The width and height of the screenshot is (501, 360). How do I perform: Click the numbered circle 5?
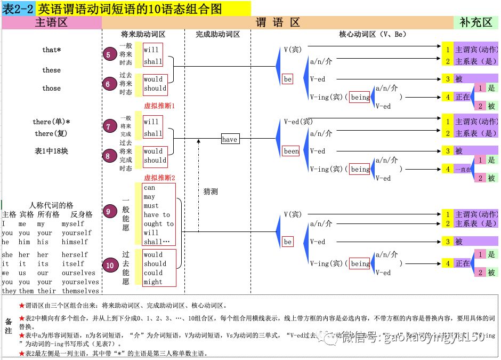[110, 54]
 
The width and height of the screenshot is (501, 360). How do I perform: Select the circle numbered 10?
[110, 265]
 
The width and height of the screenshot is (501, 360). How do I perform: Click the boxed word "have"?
[230, 139]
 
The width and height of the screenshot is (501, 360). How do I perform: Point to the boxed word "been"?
[291, 151]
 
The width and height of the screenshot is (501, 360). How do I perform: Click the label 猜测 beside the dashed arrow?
[211, 191]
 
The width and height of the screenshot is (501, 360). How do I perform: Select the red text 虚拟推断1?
[159, 106]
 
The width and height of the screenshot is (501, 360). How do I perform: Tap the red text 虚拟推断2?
[159, 178]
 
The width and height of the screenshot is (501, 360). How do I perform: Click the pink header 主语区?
[52, 22]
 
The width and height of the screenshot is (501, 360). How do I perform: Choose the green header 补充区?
[476, 22]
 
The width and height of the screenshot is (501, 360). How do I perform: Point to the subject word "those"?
[52, 89]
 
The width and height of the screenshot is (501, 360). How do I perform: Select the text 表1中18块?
[52, 151]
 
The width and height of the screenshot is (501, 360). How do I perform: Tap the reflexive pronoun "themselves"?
[80, 291]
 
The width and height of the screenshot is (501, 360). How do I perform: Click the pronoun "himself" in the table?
[75, 242]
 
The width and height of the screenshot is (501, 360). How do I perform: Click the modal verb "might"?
[153, 282]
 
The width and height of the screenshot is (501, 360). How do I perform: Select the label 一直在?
[463, 170]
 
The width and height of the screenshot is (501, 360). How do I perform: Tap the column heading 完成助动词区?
[217, 34]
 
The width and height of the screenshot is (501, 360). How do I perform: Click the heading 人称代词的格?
[51, 205]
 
